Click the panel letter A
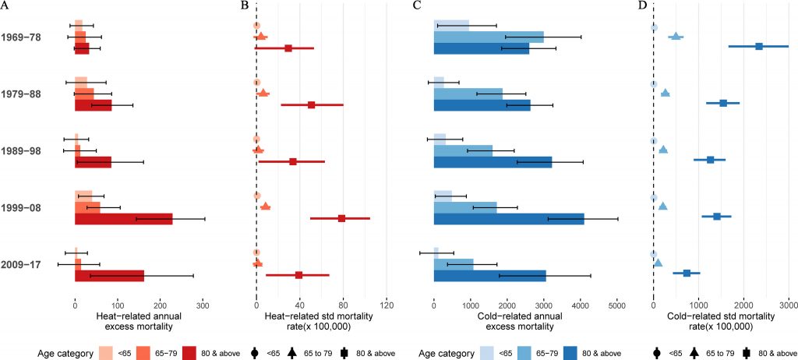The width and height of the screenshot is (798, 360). tap(5, 6)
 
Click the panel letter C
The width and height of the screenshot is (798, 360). tap(418, 6)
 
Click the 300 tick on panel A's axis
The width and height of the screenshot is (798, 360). tap(203, 306)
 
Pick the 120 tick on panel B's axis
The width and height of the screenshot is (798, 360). tap(383, 306)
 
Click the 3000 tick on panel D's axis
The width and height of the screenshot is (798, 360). tap(789, 306)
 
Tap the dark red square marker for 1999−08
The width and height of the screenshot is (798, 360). tap(341, 218)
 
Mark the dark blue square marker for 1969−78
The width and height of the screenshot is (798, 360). tap(759, 47)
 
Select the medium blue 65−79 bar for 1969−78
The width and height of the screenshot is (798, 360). tap(488, 37)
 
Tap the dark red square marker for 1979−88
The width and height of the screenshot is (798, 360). tap(312, 104)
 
